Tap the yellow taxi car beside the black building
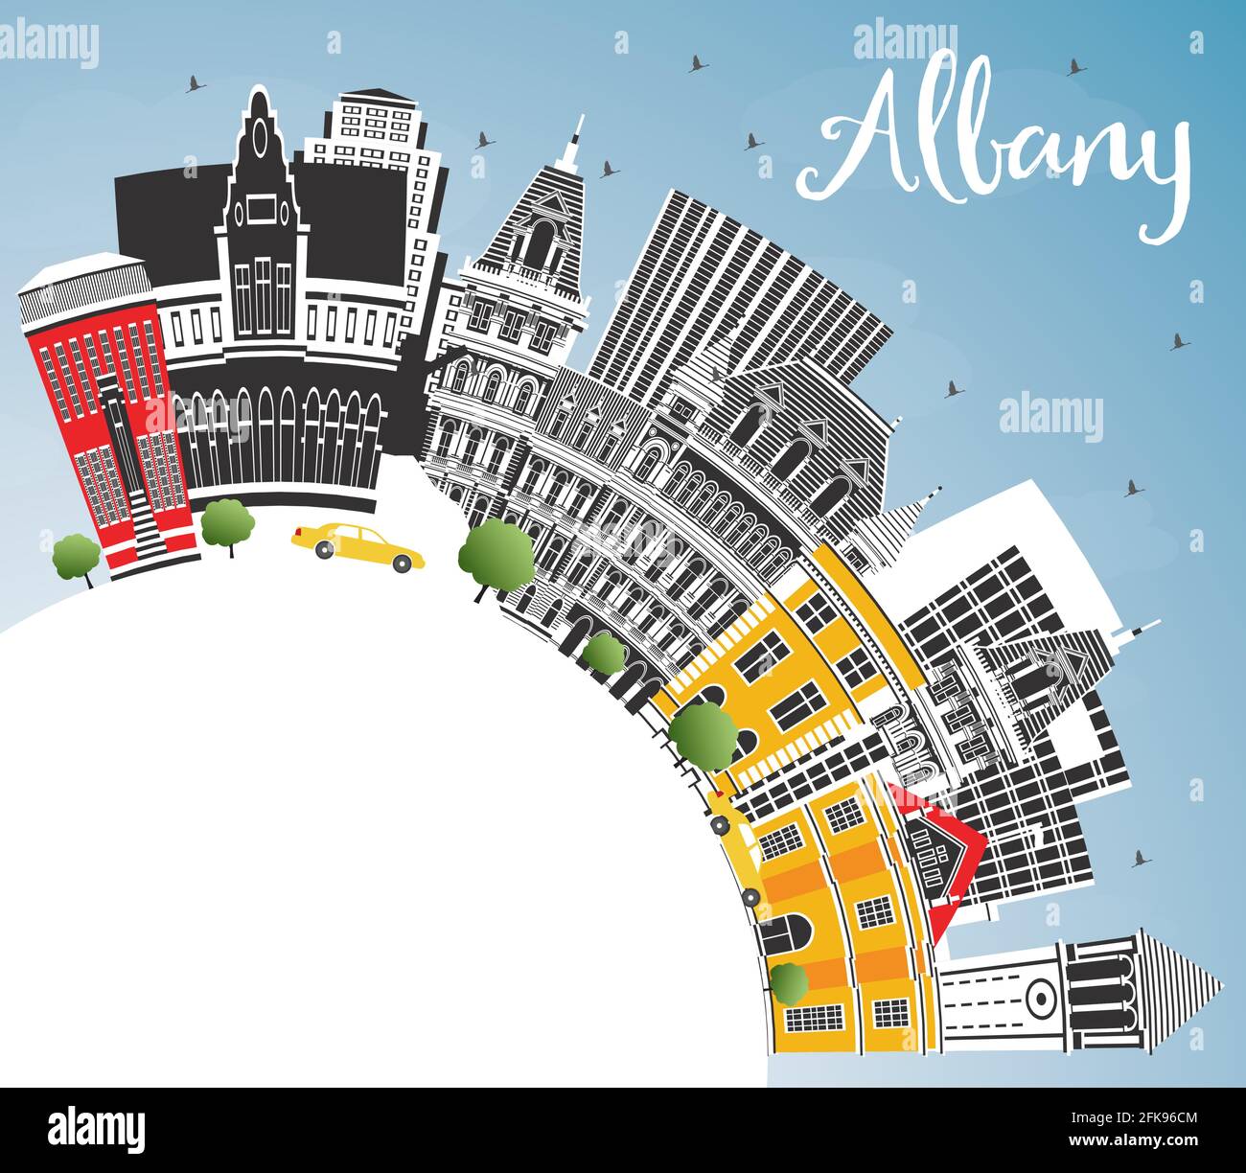coord(357,546)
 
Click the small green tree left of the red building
coord(75,556)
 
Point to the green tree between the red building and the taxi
coord(227,522)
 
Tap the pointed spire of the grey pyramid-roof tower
coord(576,134)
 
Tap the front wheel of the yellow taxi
coord(404,563)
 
